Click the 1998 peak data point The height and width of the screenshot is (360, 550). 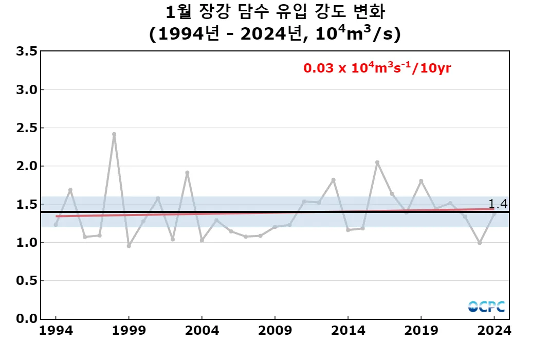point(114,134)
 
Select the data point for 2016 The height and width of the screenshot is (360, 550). point(377,163)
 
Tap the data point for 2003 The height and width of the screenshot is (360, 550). point(187,173)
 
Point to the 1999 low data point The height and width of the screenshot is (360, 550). point(129,246)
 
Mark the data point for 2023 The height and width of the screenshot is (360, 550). point(480,243)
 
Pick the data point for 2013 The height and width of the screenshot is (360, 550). point(334,180)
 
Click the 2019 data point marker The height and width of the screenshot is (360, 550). point(421,181)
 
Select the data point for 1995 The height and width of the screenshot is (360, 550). point(70,190)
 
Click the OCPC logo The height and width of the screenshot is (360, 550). point(486,307)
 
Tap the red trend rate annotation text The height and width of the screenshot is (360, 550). point(377,67)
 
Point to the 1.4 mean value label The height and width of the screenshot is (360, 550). point(498,204)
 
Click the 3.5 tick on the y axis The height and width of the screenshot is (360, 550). point(26,51)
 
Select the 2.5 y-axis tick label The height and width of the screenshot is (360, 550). point(26,128)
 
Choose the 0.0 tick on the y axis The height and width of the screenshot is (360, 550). point(26,319)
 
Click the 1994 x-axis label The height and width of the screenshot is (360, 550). point(56,331)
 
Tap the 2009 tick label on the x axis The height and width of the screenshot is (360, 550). point(275,331)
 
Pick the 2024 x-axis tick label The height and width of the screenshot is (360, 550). point(494,331)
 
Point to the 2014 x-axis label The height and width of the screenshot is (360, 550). point(348,331)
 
